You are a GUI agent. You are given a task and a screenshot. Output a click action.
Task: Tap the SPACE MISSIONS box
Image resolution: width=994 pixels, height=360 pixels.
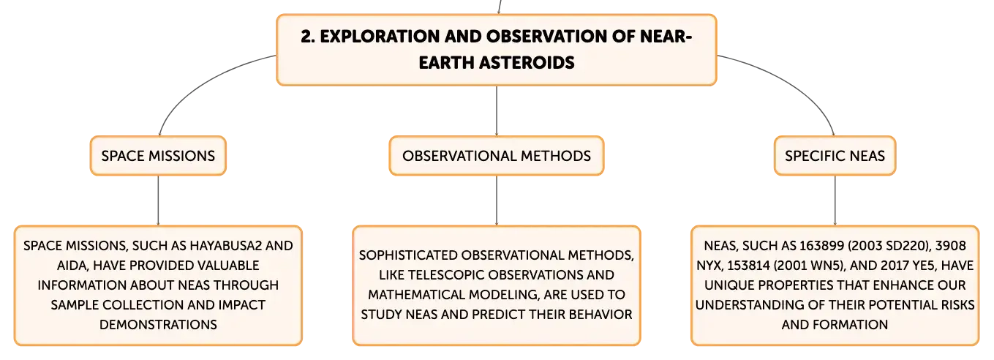(x=158, y=156)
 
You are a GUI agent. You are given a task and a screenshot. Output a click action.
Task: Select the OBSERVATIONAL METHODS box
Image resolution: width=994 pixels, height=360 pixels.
(x=497, y=156)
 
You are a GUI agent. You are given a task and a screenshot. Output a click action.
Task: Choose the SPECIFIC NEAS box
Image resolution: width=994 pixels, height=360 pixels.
(x=835, y=156)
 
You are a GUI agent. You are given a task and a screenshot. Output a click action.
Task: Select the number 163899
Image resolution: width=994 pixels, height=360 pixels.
(x=821, y=246)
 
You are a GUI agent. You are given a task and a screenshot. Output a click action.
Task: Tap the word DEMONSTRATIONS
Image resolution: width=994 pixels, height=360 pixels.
(x=158, y=325)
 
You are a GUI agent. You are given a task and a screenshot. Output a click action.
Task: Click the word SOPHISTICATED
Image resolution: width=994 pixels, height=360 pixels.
(x=408, y=255)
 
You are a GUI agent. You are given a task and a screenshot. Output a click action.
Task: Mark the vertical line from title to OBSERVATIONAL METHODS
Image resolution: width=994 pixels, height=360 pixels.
(x=497, y=111)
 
